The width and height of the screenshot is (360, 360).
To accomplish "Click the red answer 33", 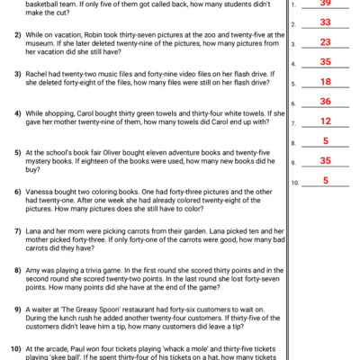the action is [x=325, y=22].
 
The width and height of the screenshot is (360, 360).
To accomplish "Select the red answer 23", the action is [x=325, y=42].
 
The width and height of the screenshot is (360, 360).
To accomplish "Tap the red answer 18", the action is [x=325, y=82].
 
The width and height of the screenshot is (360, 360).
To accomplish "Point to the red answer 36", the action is [x=325, y=102].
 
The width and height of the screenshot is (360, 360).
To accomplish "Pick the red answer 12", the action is [x=325, y=121].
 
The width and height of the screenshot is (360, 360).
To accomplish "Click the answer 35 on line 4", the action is [x=325, y=62].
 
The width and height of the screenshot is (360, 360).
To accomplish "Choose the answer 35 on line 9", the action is [x=325, y=161].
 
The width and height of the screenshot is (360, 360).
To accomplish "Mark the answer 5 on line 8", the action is [x=325, y=141].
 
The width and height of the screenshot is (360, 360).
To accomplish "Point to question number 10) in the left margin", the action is [x=15, y=347].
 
